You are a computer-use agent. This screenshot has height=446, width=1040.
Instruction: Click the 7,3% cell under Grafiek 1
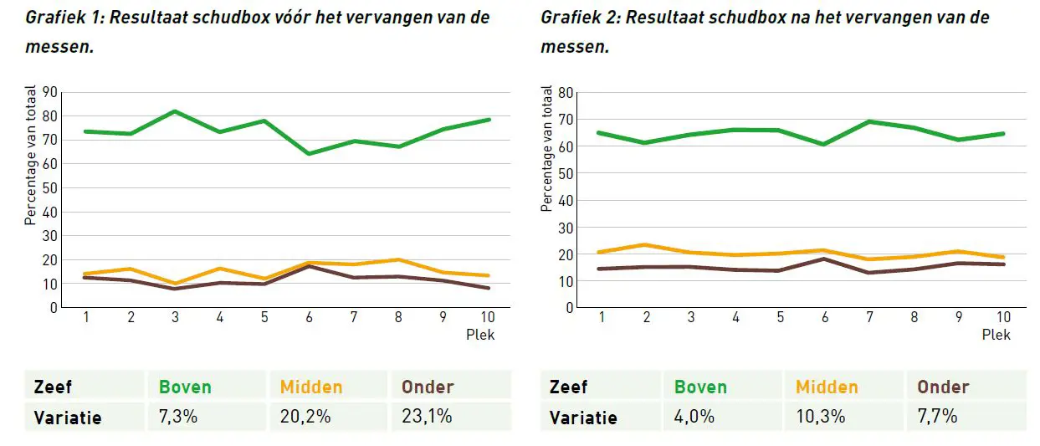[178, 416]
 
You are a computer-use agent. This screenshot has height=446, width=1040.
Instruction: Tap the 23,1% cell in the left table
[427, 416]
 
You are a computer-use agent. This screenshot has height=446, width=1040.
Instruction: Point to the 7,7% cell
[938, 416]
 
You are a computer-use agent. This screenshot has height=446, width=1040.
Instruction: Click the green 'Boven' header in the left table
[185, 387]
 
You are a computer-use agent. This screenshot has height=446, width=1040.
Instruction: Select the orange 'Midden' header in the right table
[827, 387]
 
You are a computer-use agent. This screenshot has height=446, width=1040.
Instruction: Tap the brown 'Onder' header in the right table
[943, 387]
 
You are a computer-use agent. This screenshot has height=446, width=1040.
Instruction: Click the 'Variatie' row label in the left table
[68, 417]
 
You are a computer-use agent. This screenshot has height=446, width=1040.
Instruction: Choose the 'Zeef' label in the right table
[568, 387]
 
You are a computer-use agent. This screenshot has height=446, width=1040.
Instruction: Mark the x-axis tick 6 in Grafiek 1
[309, 318]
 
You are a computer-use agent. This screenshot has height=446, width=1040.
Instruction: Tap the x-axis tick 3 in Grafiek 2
[691, 318]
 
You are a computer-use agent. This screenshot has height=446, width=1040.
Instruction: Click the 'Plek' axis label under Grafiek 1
[480, 335]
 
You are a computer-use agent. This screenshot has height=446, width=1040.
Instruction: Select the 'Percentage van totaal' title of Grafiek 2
[547, 148]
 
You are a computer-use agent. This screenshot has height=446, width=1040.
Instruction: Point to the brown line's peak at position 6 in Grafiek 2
[824, 259]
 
